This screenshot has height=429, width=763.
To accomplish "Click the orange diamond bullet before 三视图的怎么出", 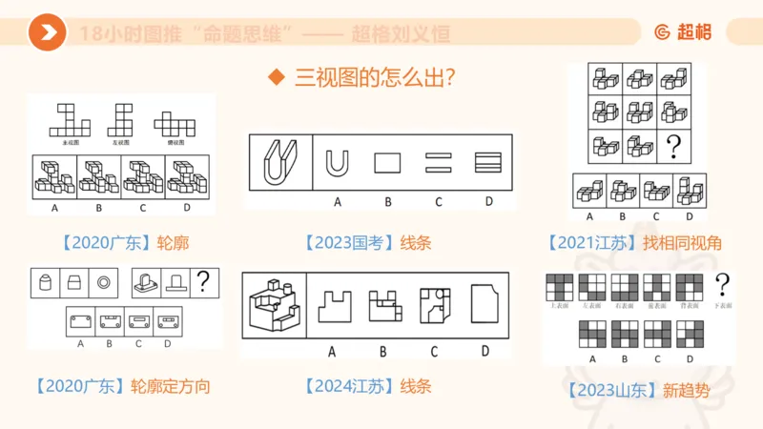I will point(278,77).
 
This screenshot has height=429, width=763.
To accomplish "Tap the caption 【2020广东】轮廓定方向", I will point(121,386).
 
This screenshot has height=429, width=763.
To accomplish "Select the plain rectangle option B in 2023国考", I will point(387,163).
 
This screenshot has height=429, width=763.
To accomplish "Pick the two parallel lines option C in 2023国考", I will point(437,163).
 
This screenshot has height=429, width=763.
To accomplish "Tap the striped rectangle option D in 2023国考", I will point(487,163).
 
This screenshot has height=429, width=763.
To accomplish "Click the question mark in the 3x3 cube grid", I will point(673,146).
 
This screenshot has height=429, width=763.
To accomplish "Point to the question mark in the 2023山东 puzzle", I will point(723,283).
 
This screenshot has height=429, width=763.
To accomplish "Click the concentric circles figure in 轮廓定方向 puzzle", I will point(103,281).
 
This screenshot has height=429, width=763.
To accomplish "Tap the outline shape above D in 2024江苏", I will point(485,304).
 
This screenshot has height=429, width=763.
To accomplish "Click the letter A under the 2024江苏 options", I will point(332,351).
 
